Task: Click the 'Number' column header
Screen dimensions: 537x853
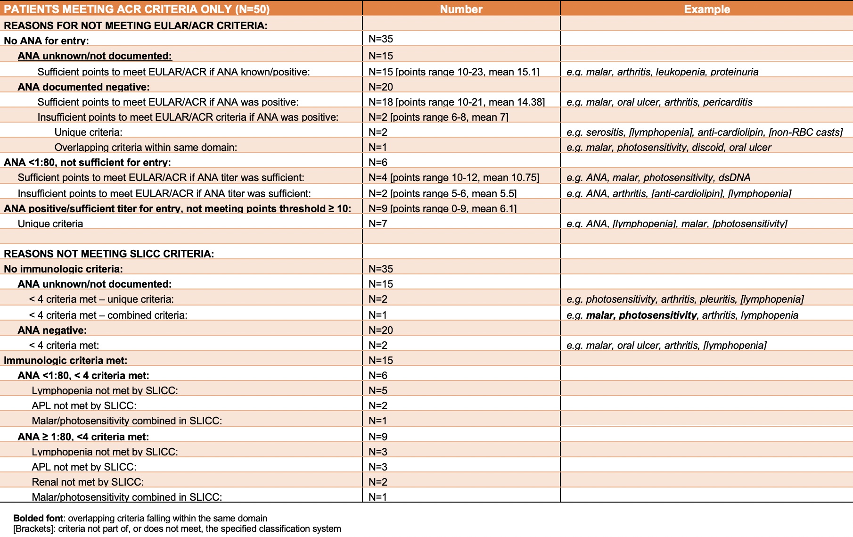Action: click(461, 9)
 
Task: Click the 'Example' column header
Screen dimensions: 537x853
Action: click(707, 9)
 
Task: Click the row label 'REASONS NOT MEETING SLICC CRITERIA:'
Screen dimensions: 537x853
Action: click(109, 254)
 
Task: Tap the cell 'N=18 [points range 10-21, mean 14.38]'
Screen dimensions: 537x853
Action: click(456, 102)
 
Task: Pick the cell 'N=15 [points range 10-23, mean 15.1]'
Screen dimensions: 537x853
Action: click(453, 72)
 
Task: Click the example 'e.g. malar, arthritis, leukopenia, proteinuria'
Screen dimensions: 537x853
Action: click(662, 72)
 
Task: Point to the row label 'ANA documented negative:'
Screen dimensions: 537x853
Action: click(83, 87)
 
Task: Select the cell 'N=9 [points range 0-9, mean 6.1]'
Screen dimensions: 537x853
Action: click(442, 208)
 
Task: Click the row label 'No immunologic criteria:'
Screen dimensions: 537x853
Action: click(63, 269)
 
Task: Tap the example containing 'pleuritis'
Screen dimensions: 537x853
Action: click(685, 299)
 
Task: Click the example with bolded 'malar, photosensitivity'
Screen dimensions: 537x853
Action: click(682, 315)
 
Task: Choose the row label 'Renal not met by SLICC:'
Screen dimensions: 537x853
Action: click(88, 482)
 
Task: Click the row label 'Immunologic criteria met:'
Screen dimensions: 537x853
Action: click(66, 360)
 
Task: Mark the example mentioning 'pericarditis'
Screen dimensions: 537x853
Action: click(659, 102)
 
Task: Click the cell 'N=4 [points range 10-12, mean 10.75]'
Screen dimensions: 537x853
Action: click(453, 177)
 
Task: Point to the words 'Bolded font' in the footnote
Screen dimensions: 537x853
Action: click(38, 518)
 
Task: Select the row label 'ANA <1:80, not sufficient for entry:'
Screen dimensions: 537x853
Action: click(87, 162)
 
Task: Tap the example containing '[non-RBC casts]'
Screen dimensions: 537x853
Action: click(704, 132)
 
